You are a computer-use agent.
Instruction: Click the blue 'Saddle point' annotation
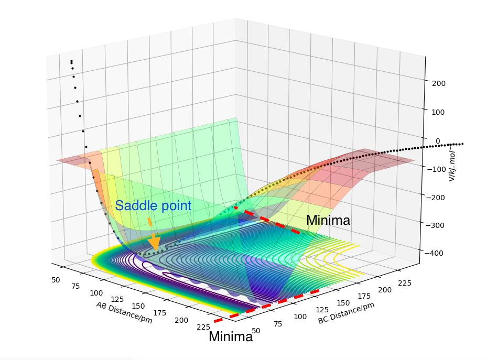tap(153, 206)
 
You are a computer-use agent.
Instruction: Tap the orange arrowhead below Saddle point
tap(154, 244)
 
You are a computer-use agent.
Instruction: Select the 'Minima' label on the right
tap(328, 221)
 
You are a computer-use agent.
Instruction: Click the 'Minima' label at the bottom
tap(231, 337)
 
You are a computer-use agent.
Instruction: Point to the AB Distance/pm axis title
tap(124, 312)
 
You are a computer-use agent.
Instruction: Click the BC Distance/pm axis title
tap(347, 313)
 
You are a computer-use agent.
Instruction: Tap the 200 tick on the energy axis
tap(439, 83)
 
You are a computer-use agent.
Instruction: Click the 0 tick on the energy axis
tap(438, 140)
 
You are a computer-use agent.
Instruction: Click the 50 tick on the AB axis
tap(56, 280)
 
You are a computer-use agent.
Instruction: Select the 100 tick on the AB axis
tap(96, 293)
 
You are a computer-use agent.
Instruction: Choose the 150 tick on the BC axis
tap(342, 303)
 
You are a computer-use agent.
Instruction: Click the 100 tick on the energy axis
tap(439, 112)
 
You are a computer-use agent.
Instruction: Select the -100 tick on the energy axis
tap(437, 169)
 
